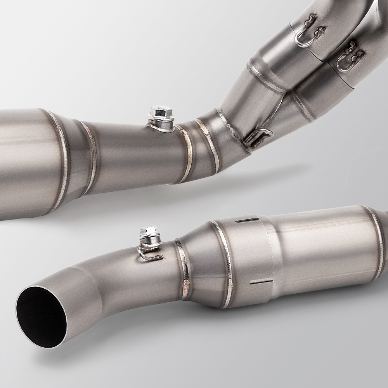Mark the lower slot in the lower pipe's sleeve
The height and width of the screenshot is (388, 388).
pos(260,281)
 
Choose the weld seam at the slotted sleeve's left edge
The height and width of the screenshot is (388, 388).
pos(224,264)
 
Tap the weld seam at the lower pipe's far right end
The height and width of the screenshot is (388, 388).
pos(376,241)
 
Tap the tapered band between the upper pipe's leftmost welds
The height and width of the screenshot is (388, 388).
pos(76,159)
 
